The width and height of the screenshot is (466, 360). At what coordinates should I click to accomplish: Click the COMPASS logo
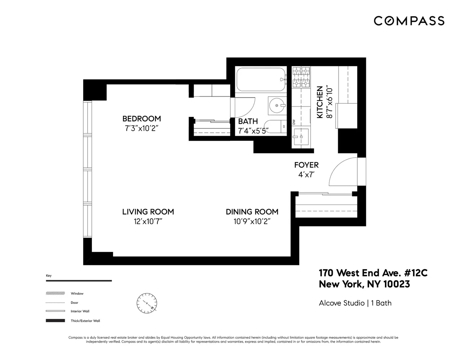tap(409, 21)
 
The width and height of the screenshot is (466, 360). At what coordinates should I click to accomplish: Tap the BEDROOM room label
tap(142, 119)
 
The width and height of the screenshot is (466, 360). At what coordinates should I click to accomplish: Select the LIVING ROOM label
tap(148, 212)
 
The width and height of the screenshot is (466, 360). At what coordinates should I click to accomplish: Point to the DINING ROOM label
tap(252, 212)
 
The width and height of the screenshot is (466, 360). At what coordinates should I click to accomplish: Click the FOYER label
tap(306, 165)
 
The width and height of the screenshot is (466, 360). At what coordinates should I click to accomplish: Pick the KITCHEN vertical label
tap(319, 102)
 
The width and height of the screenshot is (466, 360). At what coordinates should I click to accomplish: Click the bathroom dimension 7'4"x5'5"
tap(253, 131)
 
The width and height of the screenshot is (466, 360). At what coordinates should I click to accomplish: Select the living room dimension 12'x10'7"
tap(148, 221)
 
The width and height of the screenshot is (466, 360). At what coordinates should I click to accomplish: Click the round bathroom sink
tap(277, 105)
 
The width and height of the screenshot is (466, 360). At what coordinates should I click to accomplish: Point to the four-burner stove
tap(301, 77)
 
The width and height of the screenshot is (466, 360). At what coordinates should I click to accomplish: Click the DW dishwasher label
tap(294, 122)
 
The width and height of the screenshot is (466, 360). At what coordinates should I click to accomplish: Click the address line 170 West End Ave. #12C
tap(373, 273)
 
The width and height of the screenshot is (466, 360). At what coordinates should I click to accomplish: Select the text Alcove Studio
tap(341, 303)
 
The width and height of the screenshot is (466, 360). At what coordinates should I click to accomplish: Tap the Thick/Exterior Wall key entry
tap(85, 321)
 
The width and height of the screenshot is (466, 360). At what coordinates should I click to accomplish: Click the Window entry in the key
tap(77, 293)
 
